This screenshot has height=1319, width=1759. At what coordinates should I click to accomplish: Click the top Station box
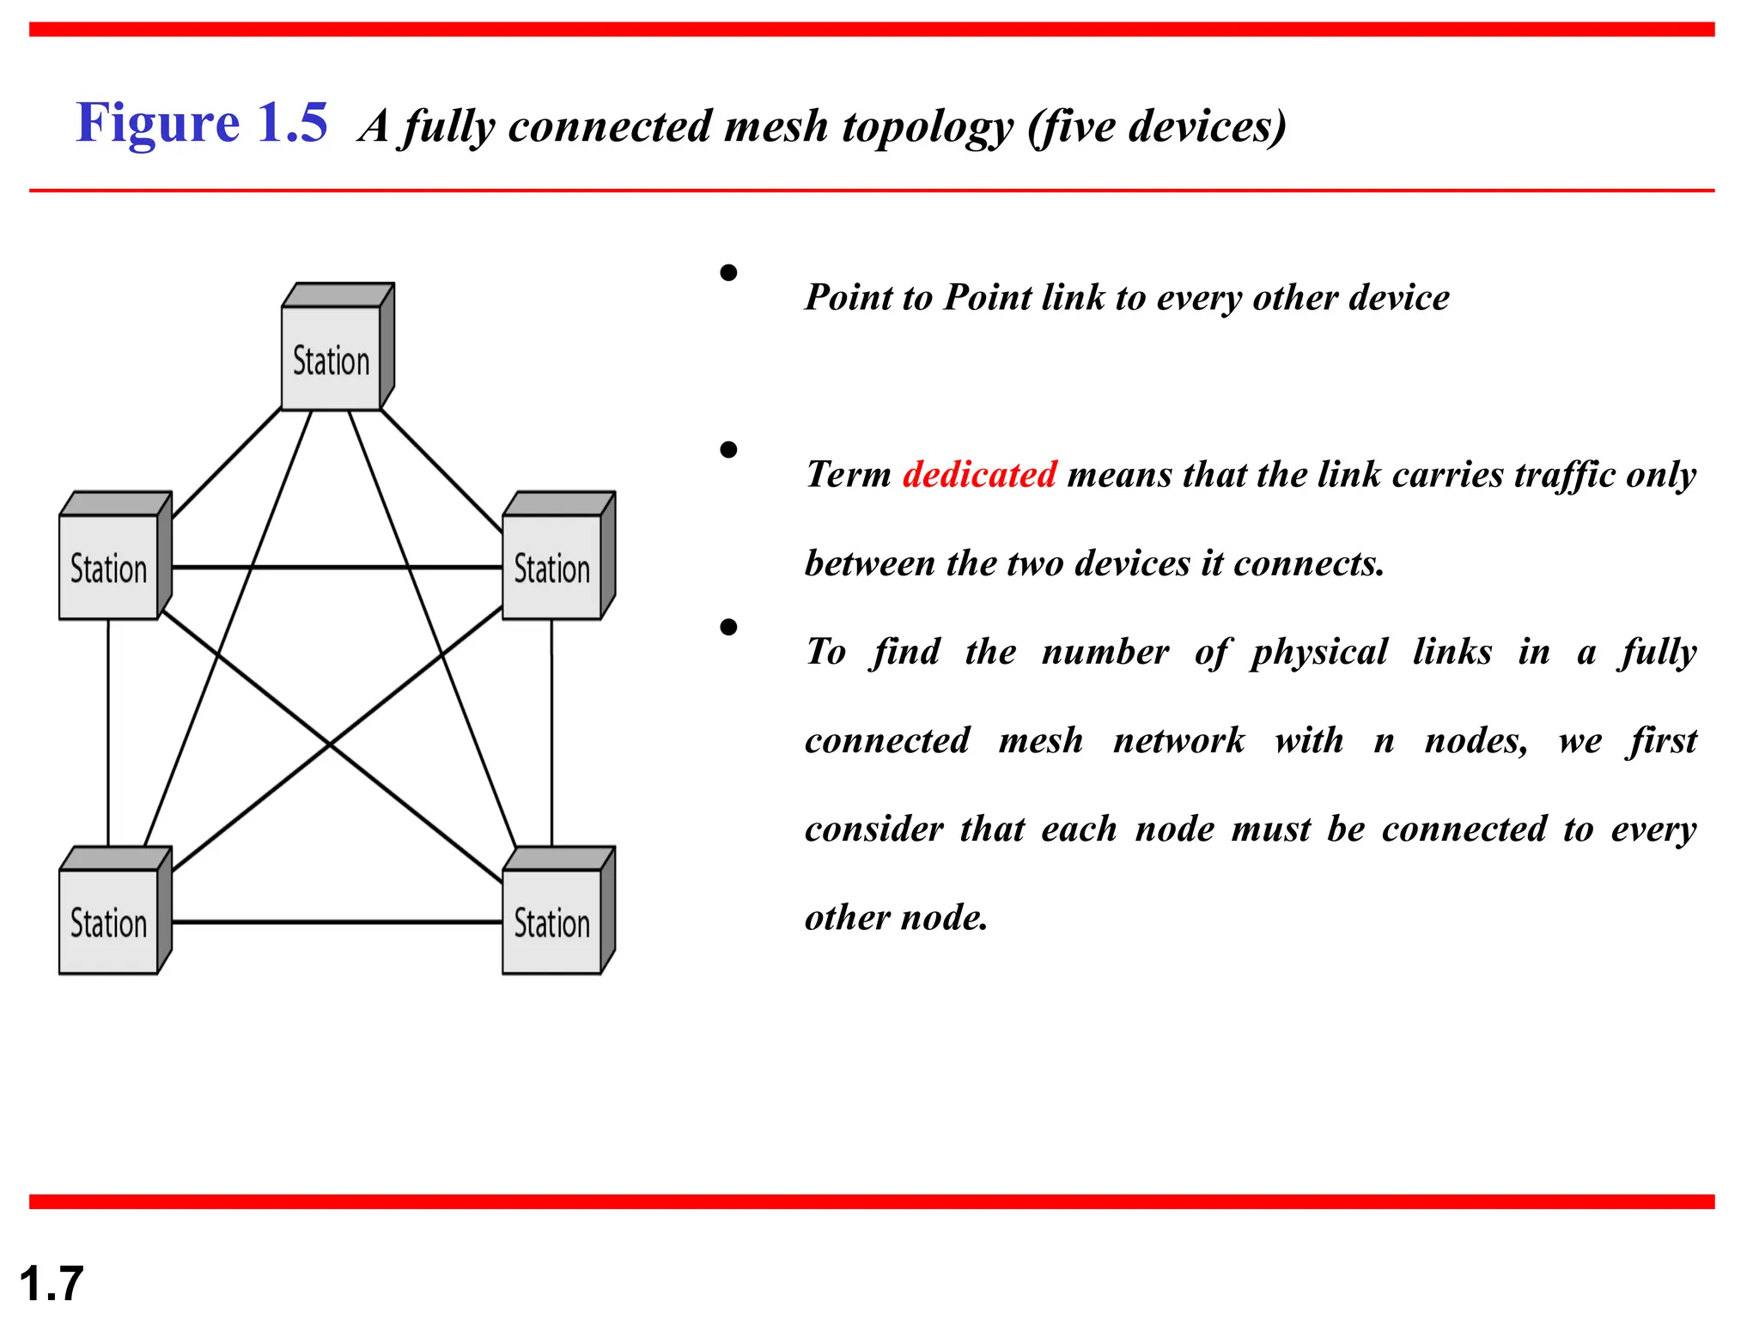click(x=332, y=359)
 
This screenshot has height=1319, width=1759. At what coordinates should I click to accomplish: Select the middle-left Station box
click(x=109, y=567)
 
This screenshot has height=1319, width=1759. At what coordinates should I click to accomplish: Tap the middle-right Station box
click(x=552, y=567)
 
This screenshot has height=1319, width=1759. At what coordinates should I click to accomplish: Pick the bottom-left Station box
click(x=109, y=921)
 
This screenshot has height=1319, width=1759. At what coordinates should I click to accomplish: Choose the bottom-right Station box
click(x=552, y=921)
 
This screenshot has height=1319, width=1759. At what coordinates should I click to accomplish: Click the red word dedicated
click(x=979, y=475)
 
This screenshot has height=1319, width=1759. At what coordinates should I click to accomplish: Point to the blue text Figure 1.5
click(x=202, y=123)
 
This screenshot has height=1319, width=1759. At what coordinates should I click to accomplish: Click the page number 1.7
click(x=51, y=1284)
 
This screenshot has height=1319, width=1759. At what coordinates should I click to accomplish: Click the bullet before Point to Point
click(x=728, y=273)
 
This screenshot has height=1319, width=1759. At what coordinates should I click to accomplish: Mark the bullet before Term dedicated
click(x=728, y=450)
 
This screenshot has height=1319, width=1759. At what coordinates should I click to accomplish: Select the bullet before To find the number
click(x=728, y=628)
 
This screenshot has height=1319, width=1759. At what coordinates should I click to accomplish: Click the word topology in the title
click(x=928, y=127)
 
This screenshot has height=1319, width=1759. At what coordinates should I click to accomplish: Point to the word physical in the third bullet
click(x=1318, y=653)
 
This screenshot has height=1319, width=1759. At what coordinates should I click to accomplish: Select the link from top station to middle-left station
click(x=228, y=462)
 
